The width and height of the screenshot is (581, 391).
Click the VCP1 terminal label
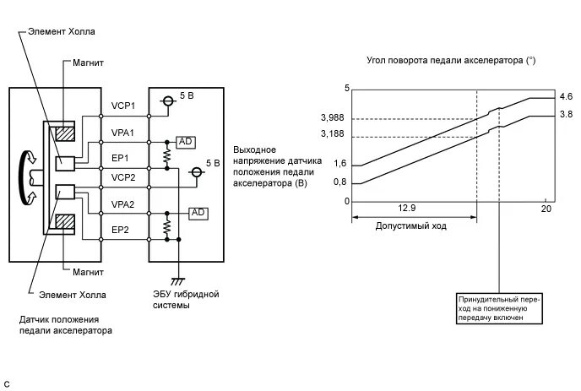[x=123, y=106]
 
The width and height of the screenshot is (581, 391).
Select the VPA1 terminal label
[x=123, y=132]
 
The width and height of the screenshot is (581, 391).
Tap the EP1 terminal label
[x=120, y=157]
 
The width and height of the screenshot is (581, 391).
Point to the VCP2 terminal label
[x=123, y=178]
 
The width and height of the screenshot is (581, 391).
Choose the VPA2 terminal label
[x=123, y=204]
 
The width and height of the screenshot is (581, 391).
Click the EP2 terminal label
[x=120, y=229]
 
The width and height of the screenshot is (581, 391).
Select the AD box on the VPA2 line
[x=199, y=211]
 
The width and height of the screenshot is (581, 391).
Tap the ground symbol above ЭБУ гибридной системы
[x=179, y=279]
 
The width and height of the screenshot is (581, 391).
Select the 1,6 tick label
[x=339, y=164]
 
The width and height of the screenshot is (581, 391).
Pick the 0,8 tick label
[x=339, y=182]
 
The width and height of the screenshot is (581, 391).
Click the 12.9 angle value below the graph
[x=409, y=209]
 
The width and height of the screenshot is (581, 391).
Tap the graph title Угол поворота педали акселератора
[x=451, y=61]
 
